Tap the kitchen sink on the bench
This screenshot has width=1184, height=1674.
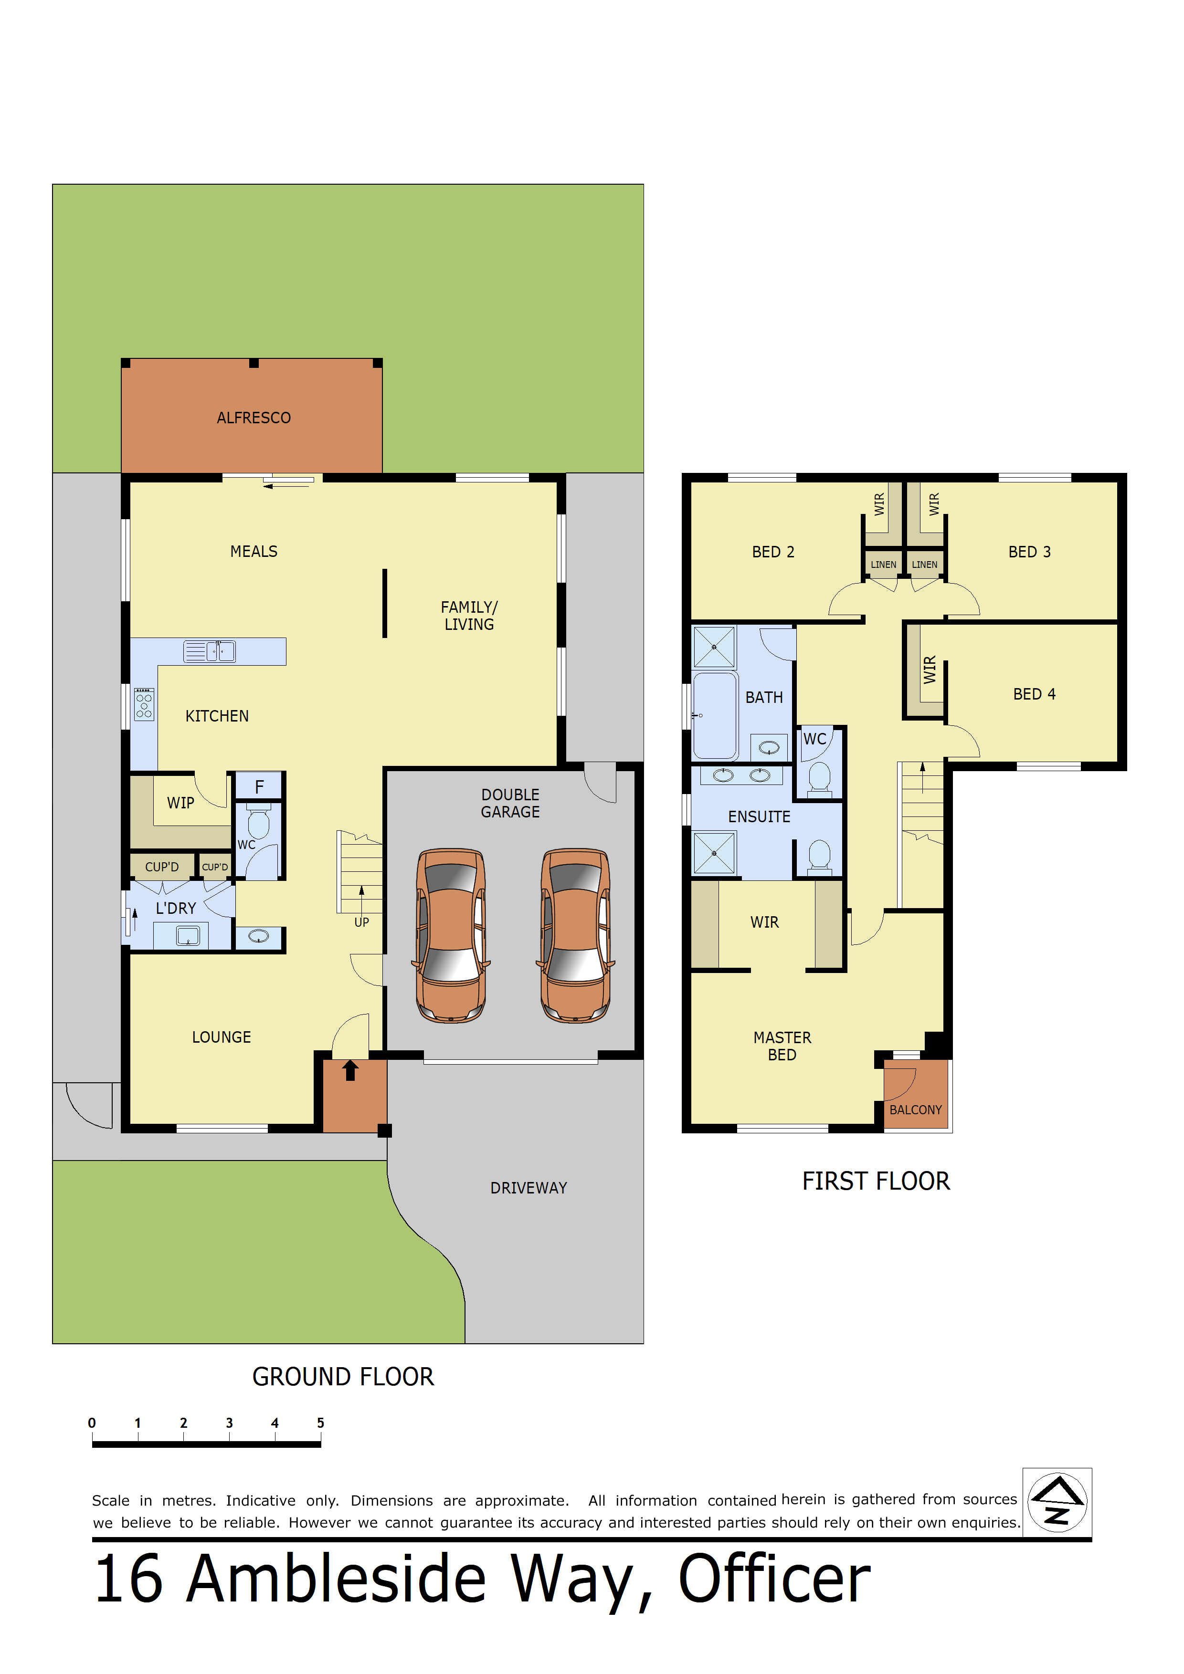(210, 651)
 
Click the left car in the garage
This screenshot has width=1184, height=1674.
(452, 935)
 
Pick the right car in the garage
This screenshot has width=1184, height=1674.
(576, 935)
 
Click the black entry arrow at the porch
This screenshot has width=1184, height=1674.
(350, 1070)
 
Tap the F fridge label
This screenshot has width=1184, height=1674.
(259, 787)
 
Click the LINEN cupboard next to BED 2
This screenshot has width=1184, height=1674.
(883, 565)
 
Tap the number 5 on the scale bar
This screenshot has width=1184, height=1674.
(320, 1423)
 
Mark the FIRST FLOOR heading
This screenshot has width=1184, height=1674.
(876, 1181)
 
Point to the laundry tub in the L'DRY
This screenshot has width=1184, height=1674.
(188, 935)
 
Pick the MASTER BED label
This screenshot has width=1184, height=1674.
(782, 1046)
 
